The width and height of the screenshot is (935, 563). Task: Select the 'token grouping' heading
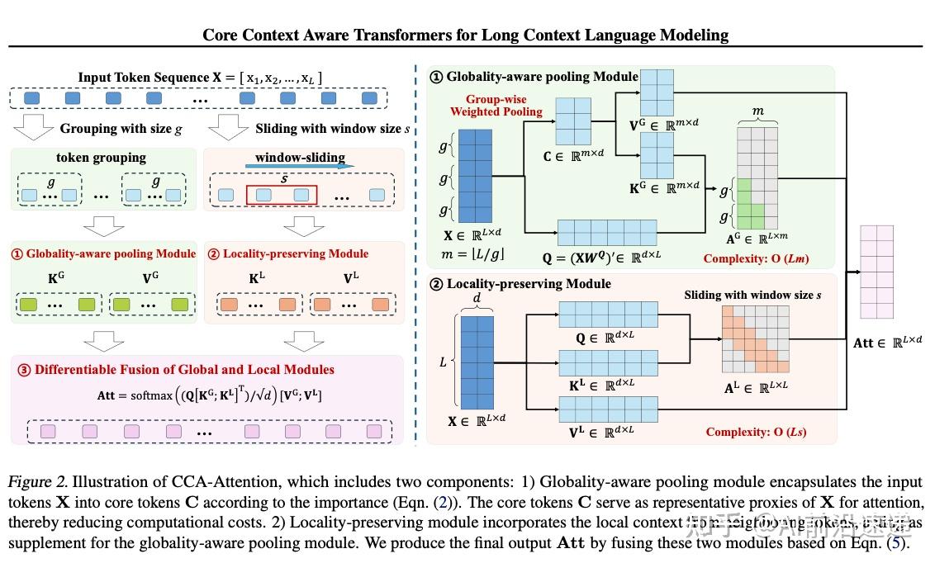click(x=101, y=158)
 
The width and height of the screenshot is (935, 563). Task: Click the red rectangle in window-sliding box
click(x=282, y=195)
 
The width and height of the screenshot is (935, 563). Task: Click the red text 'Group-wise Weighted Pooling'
click(x=496, y=105)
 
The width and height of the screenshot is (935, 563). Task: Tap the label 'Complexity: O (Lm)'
click(x=756, y=258)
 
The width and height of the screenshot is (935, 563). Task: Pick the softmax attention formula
click(x=209, y=396)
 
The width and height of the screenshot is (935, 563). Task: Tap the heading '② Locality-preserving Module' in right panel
click(x=520, y=283)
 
